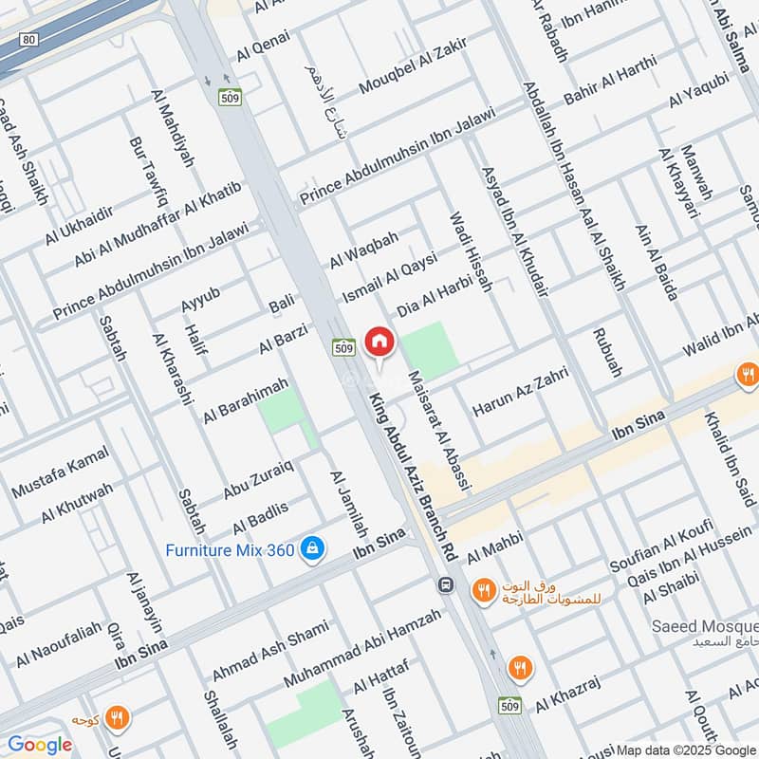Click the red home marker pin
[379, 342]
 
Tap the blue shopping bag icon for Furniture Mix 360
[310, 548]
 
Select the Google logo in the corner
[40, 745]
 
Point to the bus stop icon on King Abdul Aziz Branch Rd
[444, 585]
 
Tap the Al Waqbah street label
[364, 249]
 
